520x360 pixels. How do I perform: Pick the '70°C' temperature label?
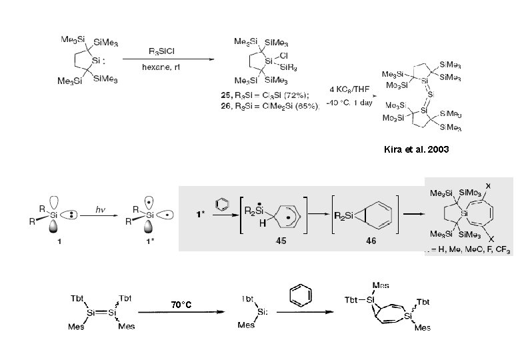180,305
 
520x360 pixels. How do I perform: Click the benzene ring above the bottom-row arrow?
299,294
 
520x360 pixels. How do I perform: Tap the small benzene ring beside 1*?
222,201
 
